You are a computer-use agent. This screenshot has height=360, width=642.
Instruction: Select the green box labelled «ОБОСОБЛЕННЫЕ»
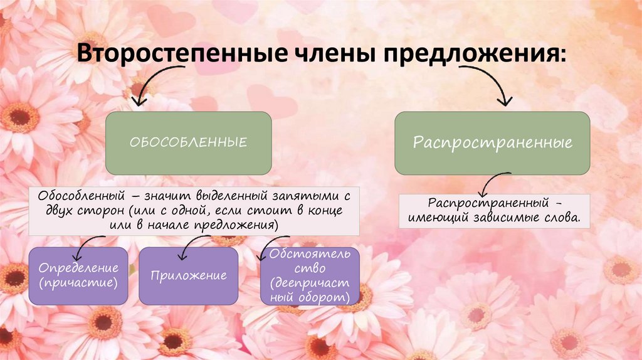pos(188,143)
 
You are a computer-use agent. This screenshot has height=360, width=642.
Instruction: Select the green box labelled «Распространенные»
pos(492,143)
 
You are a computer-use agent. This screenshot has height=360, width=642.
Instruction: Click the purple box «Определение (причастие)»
pos(78,276)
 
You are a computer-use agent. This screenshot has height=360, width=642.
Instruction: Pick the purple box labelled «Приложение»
pos(188,276)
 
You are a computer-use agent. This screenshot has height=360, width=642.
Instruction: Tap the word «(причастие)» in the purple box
pos(78,283)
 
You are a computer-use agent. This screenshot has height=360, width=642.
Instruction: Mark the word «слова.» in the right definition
pos(565,219)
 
